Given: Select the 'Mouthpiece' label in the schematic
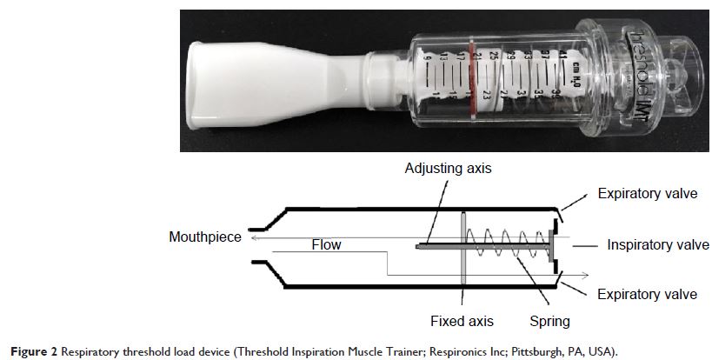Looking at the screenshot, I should coord(207,237).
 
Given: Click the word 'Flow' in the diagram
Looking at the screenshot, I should coord(326,245).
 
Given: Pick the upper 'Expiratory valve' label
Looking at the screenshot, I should coord(647,193).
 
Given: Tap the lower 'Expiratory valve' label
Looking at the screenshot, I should coord(647,295).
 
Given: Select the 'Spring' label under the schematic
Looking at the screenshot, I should coord(549,321).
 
